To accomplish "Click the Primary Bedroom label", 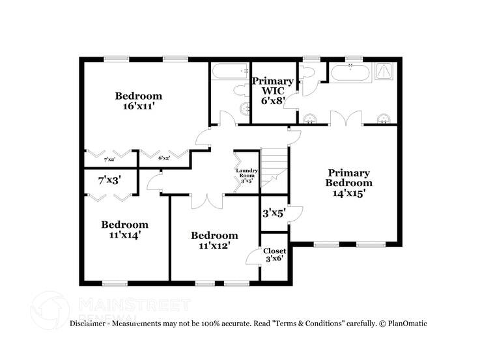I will [348, 178].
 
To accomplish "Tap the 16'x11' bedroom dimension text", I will [137, 107].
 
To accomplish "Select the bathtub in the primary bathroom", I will [352, 72].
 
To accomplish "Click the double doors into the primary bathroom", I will [345, 121].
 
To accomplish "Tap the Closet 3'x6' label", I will [274, 255].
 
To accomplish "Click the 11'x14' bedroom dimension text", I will [124, 235].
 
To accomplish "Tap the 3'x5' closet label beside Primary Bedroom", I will [274, 213].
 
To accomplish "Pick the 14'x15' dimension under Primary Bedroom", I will [348, 193].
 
